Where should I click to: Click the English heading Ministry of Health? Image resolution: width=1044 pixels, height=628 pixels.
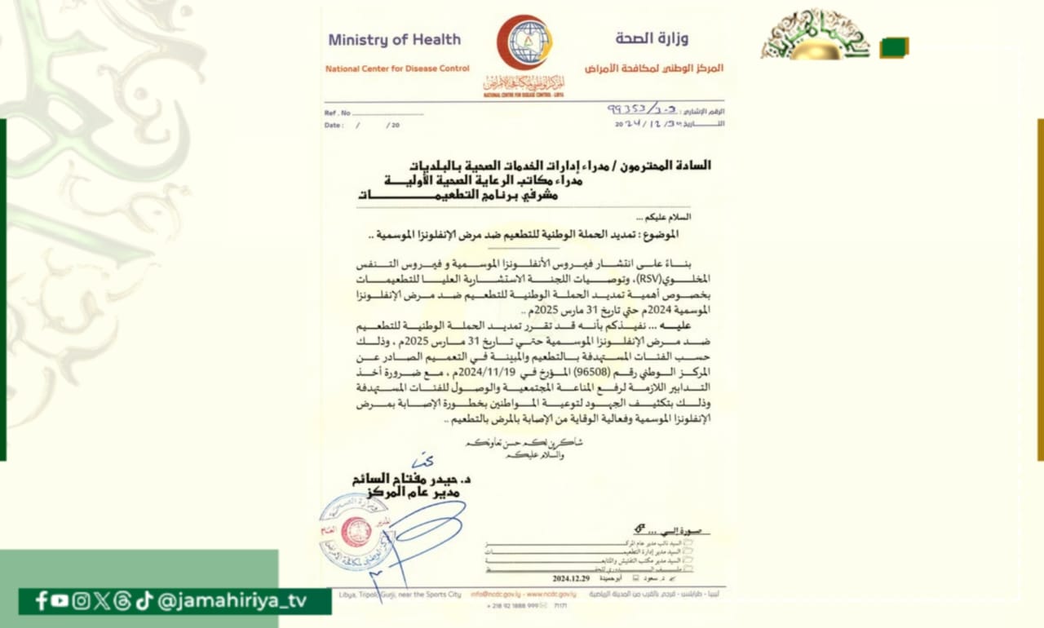coord(394,40)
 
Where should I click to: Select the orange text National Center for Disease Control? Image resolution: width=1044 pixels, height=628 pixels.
coord(397,69)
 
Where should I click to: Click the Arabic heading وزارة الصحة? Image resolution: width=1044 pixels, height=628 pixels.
coord(652,38)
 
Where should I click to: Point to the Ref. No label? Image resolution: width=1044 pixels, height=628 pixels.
coord(338,113)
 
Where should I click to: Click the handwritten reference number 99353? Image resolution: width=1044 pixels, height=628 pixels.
coord(625,108)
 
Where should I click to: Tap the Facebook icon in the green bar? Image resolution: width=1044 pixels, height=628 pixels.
coord(41,601)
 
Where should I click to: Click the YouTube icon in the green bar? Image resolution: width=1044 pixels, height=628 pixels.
coord(60,601)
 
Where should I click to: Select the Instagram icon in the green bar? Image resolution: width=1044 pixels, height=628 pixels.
coord(81,601)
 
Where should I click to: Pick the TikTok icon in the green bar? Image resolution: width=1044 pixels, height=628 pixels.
coord(144,601)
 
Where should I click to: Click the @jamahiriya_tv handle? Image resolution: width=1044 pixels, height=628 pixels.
coord(232,601)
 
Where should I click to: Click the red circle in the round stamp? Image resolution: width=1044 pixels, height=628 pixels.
coord(356,532)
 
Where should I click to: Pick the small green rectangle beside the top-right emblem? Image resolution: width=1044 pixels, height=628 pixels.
coord(894,47)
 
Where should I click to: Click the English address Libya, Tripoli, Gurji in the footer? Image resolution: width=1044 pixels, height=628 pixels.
coord(394,595)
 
